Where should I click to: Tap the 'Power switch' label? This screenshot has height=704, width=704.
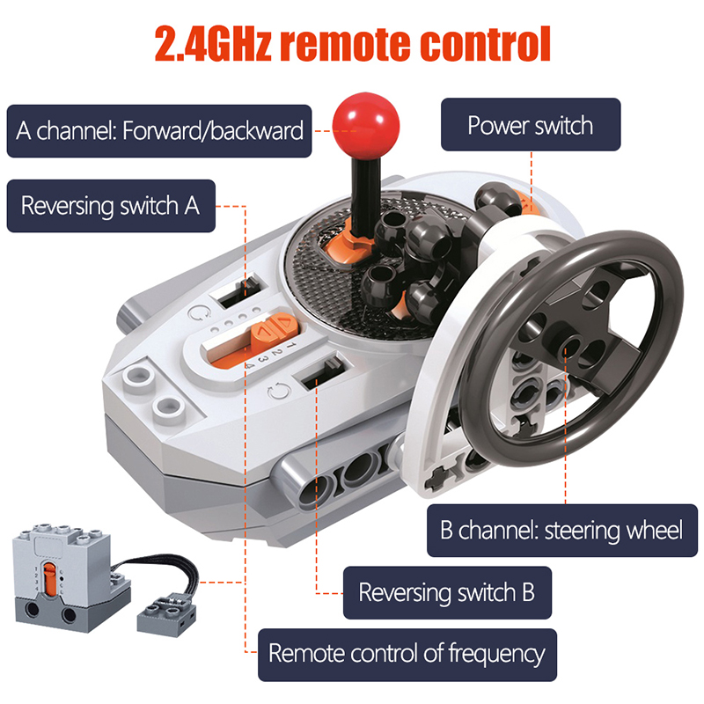point(531,125)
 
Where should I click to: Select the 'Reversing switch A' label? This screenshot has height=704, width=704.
point(111,206)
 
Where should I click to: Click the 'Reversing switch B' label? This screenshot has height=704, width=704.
point(447,592)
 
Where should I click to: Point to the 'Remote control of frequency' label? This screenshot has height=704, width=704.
point(407,655)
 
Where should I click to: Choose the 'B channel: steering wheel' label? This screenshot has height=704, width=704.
point(562,531)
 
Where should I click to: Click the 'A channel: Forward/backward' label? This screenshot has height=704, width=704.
point(159,131)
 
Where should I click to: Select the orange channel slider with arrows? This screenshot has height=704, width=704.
point(275,331)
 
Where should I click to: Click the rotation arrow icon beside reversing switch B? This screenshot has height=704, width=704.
point(279,392)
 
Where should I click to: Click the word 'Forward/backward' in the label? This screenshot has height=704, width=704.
point(213,131)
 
